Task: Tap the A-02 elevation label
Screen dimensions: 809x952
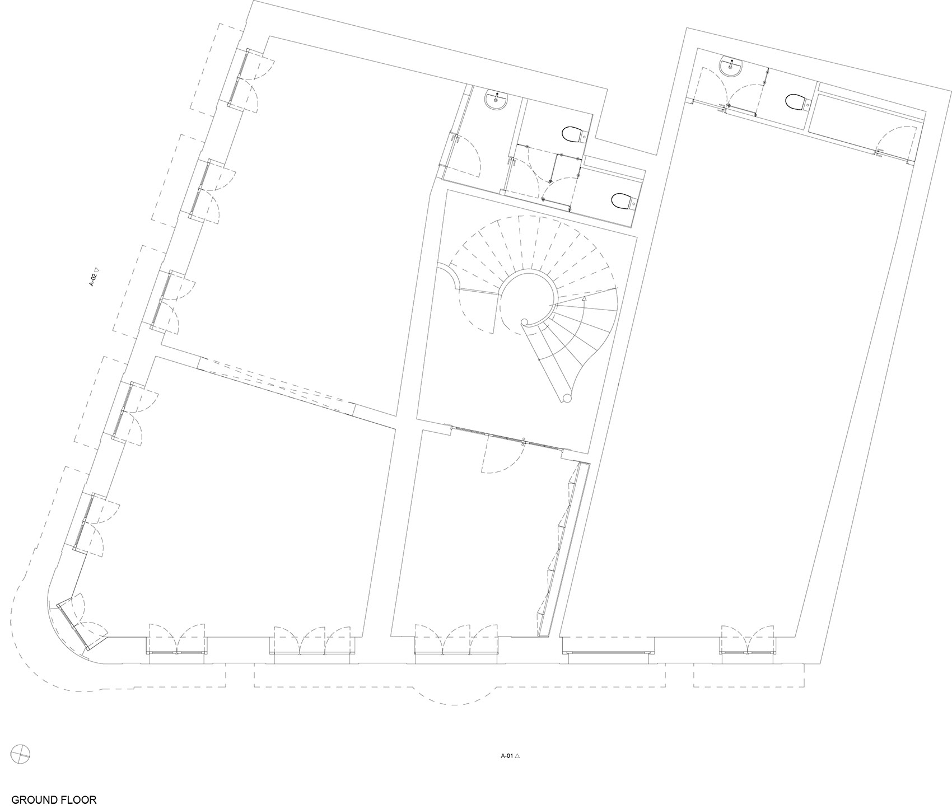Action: (93, 280)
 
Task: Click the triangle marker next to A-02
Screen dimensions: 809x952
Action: (96, 270)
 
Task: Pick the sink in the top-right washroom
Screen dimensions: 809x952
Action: (731, 68)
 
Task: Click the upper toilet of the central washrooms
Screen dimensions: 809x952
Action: (573, 134)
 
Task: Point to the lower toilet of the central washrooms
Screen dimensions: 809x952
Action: (622, 200)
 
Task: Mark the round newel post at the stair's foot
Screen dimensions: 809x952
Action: (568, 398)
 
